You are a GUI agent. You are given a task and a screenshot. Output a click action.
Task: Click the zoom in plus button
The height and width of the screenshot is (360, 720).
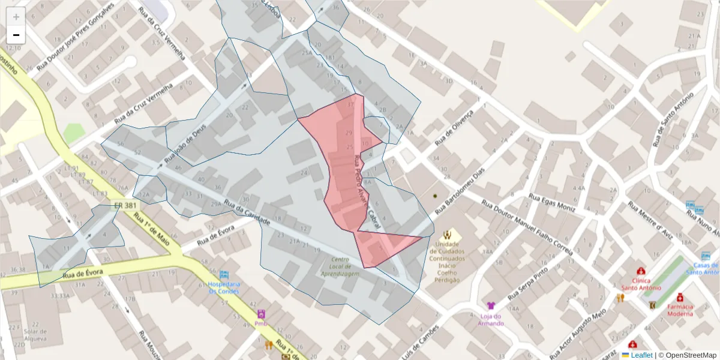(x=16, y=17)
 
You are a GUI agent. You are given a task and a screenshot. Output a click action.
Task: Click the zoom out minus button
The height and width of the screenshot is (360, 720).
(x=16, y=35)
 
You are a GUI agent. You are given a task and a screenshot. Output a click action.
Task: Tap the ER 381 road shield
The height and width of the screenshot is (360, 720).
(x=124, y=206)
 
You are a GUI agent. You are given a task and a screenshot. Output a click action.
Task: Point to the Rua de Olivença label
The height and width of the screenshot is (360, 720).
(x=454, y=128)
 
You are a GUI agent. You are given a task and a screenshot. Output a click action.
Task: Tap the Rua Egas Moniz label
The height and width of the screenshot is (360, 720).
(x=552, y=203)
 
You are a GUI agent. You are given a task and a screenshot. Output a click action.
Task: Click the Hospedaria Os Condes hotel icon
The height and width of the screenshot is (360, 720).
(x=224, y=274)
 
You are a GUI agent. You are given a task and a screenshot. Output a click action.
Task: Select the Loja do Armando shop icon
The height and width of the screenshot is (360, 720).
(x=491, y=306)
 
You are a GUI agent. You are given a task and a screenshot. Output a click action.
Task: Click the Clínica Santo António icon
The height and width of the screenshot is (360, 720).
(x=641, y=271)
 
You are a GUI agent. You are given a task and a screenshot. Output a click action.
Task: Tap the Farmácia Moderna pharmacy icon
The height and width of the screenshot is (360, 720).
(x=680, y=297)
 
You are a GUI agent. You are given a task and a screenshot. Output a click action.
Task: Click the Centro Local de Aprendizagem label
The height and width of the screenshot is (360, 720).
(x=344, y=266)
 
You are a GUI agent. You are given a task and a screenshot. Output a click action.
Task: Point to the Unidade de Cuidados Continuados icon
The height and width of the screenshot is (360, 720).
(x=446, y=235)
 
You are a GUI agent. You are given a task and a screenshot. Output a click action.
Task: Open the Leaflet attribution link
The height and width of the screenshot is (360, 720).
(x=641, y=355)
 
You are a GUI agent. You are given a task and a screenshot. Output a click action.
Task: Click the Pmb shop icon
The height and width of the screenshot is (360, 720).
(x=261, y=314)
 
